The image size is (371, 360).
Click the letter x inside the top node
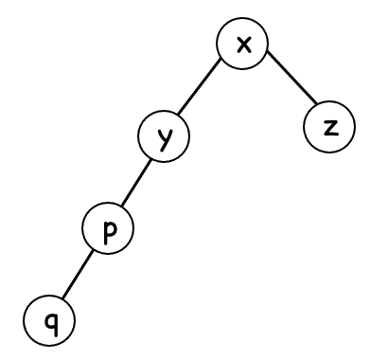click(x=242, y=45)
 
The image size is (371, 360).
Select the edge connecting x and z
click(x=288, y=83)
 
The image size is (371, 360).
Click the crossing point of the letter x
click(x=242, y=45)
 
